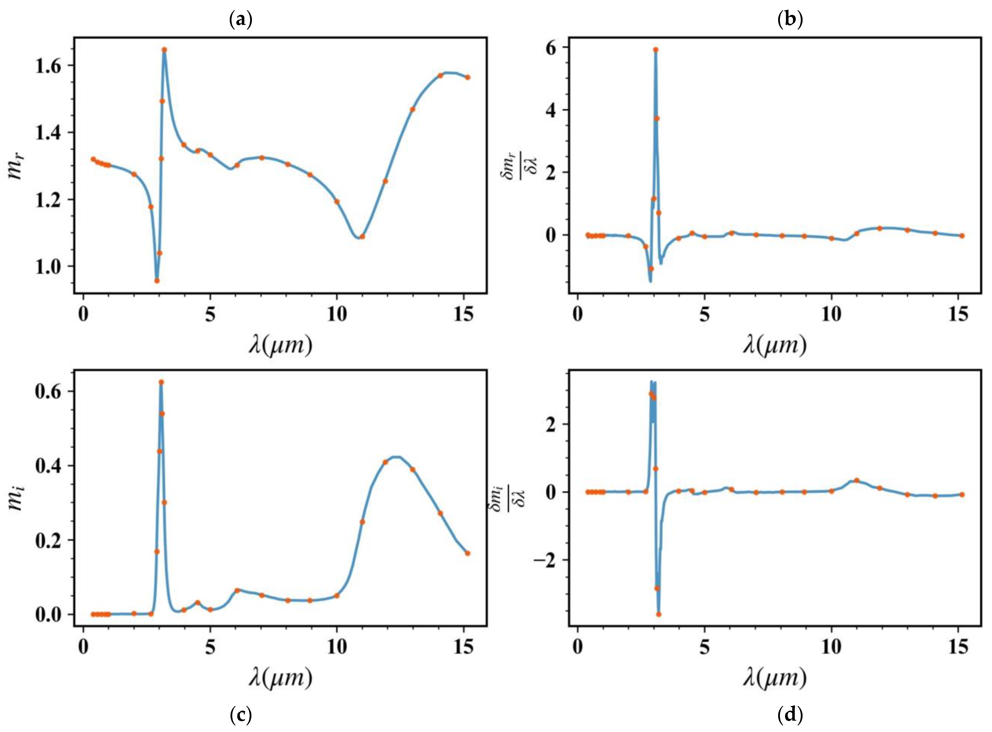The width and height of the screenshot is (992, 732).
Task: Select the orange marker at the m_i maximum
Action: click(x=161, y=382)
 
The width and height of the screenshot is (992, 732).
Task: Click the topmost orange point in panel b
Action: click(x=655, y=50)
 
